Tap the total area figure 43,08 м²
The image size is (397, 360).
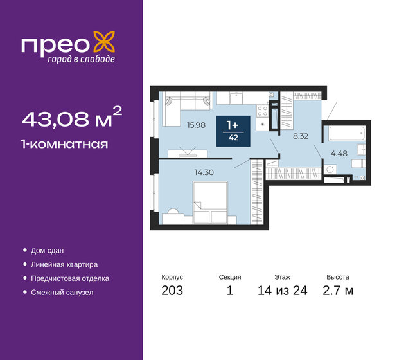tap(71, 119)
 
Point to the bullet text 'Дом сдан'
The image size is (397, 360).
tap(48, 250)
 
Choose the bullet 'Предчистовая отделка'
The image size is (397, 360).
tap(70, 278)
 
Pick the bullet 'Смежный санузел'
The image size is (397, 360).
tap(62, 292)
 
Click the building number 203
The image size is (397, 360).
tap(172, 291)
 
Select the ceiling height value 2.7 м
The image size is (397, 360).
tap(339, 291)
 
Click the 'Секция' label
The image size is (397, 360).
tap(229, 277)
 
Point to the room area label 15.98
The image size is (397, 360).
tap(196, 125)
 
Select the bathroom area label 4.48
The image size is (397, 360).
tap(339, 153)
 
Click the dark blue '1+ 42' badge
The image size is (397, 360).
tap(233, 130)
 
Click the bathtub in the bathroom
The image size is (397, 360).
tap(346, 135)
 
